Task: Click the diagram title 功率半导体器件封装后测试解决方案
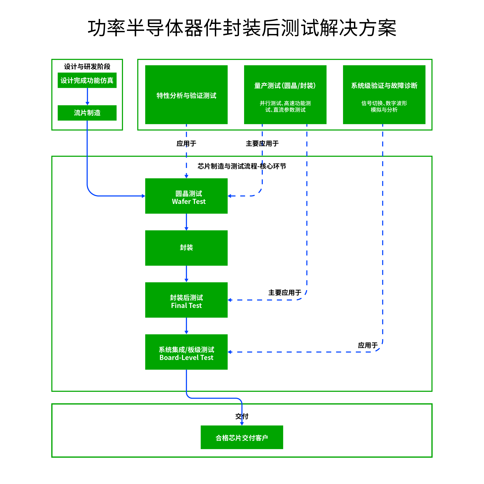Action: [x=242, y=28]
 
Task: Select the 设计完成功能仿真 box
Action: [x=87, y=80]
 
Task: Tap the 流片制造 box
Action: [x=87, y=113]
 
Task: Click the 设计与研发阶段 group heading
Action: [x=87, y=66]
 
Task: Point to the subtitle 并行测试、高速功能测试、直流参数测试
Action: [x=285, y=106]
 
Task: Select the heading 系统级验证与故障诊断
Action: [x=384, y=86]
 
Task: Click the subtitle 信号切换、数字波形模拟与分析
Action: [x=384, y=106]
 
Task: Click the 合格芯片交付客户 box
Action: [x=242, y=438]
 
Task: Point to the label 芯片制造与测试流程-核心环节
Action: [x=242, y=166]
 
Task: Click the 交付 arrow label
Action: [x=242, y=416]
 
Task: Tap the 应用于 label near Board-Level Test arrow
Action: [x=367, y=345]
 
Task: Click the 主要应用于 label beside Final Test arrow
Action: [x=285, y=293]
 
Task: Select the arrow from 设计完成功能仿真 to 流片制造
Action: [x=87, y=96]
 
